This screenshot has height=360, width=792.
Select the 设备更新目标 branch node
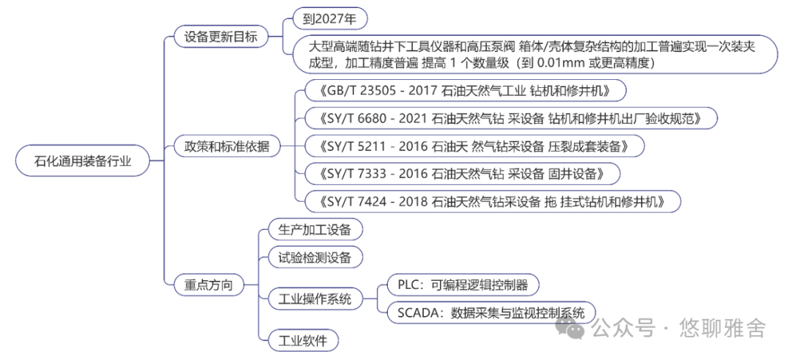tap(220, 36)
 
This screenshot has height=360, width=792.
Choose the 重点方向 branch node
tap(208, 284)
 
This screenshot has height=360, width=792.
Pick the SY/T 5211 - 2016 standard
tap(473, 146)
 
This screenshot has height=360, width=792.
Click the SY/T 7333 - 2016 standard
tap(462, 174)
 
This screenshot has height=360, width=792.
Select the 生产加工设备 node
tap(315, 229)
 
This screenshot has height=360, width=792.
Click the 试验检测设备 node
tap(315, 257)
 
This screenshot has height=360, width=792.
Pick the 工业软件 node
tap(303, 339)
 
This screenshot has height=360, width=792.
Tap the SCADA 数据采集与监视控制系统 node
tap(491, 312)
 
